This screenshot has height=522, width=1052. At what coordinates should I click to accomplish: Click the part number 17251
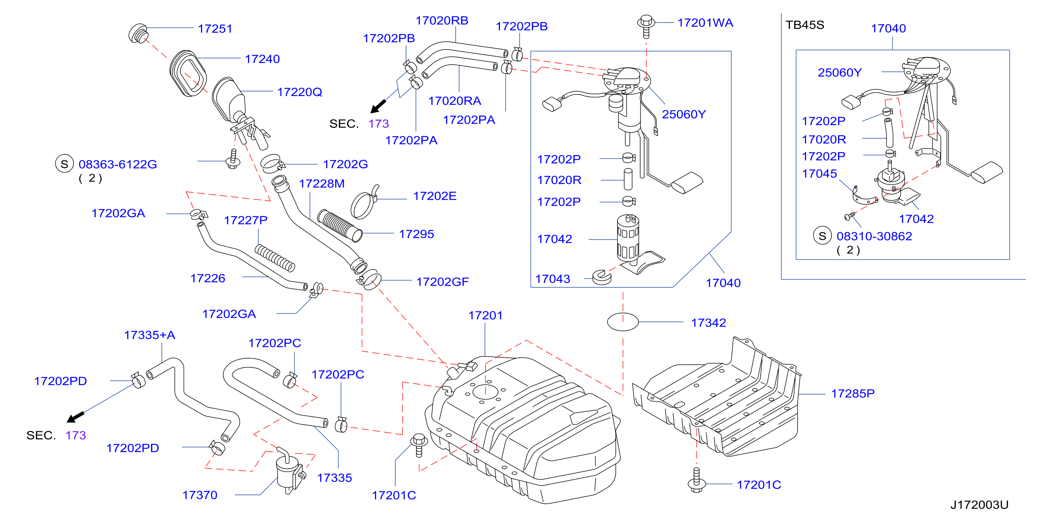click(x=215, y=28)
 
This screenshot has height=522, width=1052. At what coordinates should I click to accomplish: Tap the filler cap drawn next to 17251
click(x=138, y=33)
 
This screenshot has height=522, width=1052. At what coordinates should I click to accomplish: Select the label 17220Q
click(x=299, y=92)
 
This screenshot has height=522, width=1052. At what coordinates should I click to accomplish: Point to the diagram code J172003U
click(x=979, y=505)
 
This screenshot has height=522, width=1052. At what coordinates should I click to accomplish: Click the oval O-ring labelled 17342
click(x=623, y=322)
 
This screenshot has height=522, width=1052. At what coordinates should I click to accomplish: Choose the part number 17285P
click(x=853, y=394)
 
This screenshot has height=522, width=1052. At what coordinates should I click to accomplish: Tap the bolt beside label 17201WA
click(x=646, y=26)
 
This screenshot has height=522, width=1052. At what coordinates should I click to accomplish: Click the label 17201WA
click(x=705, y=23)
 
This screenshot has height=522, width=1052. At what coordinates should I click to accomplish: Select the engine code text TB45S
click(x=805, y=25)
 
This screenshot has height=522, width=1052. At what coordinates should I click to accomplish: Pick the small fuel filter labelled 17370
click(x=290, y=471)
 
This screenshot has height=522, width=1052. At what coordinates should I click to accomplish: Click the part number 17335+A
click(x=150, y=335)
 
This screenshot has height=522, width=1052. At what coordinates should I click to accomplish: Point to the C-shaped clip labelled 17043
click(x=602, y=277)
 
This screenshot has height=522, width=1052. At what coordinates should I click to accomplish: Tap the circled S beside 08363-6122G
click(x=64, y=164)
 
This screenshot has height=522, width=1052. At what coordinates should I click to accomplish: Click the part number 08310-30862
click(x=874, y=236)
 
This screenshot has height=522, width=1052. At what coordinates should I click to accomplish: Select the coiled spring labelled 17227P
click(x=274, y=258)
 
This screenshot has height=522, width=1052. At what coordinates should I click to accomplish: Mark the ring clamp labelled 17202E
click(x=364, y=203)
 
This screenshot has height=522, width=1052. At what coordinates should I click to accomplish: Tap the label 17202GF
click(x=442, y=282)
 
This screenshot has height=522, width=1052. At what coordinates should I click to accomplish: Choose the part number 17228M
click(x=322, y=184)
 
